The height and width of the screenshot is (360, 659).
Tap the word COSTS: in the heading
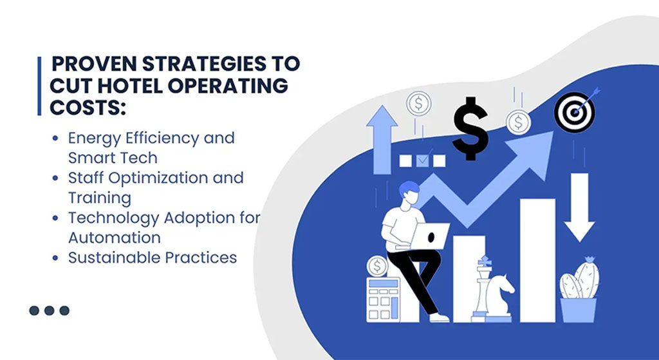click(x=88, y=108)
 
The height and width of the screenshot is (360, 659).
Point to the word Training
click(x=100, y=198)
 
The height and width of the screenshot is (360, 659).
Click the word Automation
click(x=115, y=238)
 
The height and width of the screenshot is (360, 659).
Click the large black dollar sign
click(x=470, y=129)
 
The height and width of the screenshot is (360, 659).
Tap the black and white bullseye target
click(x=574, y=112)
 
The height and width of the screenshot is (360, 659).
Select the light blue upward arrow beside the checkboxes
click(x=382, y=140)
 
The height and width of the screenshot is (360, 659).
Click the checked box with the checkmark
click(x=423, y=160)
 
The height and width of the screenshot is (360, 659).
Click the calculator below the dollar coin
click(x=382, y=299)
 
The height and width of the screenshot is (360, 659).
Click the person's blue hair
click(x=409, y=187)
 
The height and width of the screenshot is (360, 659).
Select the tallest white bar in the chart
click(x=537, y=260)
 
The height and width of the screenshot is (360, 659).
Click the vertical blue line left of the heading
click(x=39, y=86)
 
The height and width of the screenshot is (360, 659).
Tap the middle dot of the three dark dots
click(x=49, y=311)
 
